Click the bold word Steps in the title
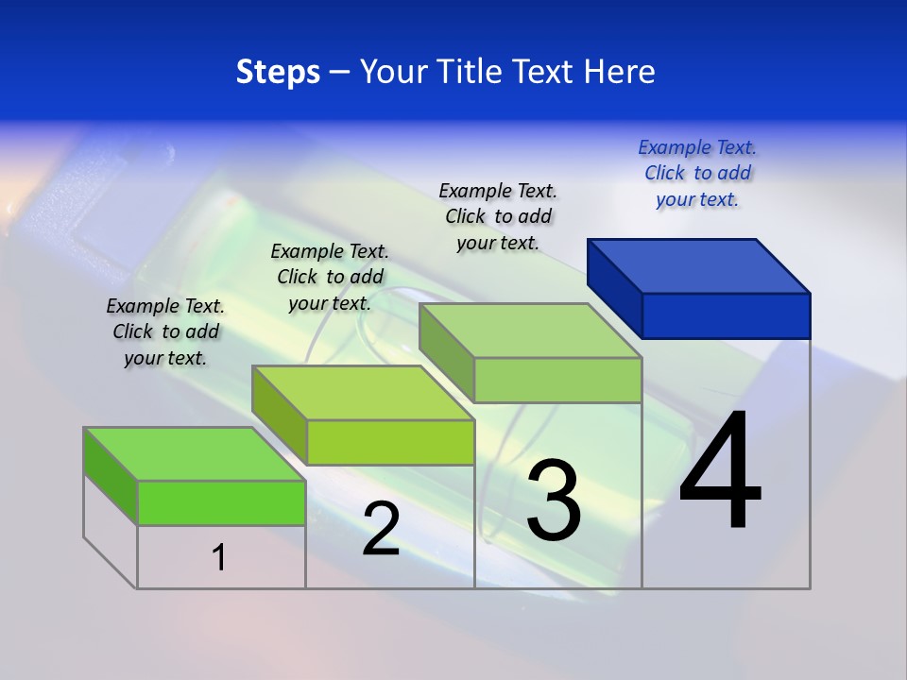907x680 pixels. click(278, 72)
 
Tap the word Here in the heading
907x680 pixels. click(620, 72)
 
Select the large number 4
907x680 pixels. click(720, 471)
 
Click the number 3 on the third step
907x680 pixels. click(554, 501)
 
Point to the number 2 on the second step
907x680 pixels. click(381, 529)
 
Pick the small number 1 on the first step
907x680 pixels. click(219, 557)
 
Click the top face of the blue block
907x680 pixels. click(699, 265)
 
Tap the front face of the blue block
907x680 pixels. click(726, 315)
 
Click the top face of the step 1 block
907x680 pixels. click(195, 454)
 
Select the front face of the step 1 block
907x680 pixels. click(221, 502)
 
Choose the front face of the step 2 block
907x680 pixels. click(390, 442)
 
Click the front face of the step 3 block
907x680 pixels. click(557, 380)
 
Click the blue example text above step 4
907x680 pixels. click(697, 173)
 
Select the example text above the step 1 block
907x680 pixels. click(165, 331)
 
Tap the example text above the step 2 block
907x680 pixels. click(330, 277)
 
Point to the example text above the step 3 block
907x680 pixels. click(498, 216)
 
